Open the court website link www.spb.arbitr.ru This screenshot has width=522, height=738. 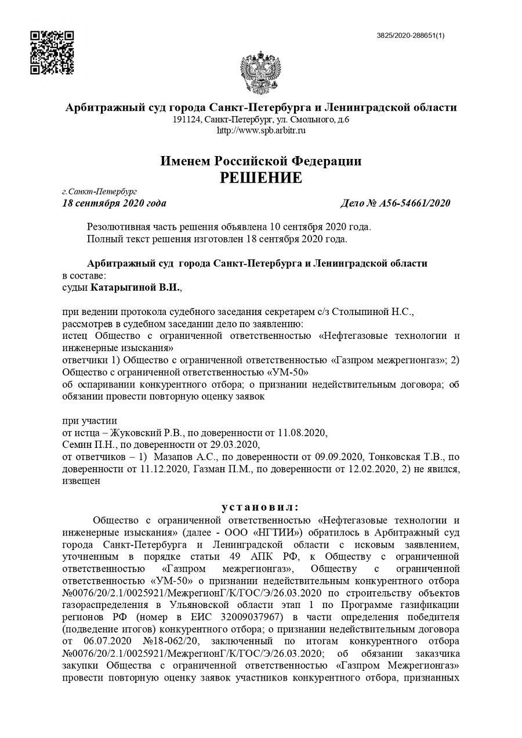coord(261,131)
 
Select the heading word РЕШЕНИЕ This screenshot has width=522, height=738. coord(260,178)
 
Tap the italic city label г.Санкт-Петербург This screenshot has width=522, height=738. coord(99,191)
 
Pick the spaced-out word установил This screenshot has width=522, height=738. coord(260,507)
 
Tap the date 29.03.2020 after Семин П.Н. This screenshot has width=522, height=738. coord(234,444)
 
